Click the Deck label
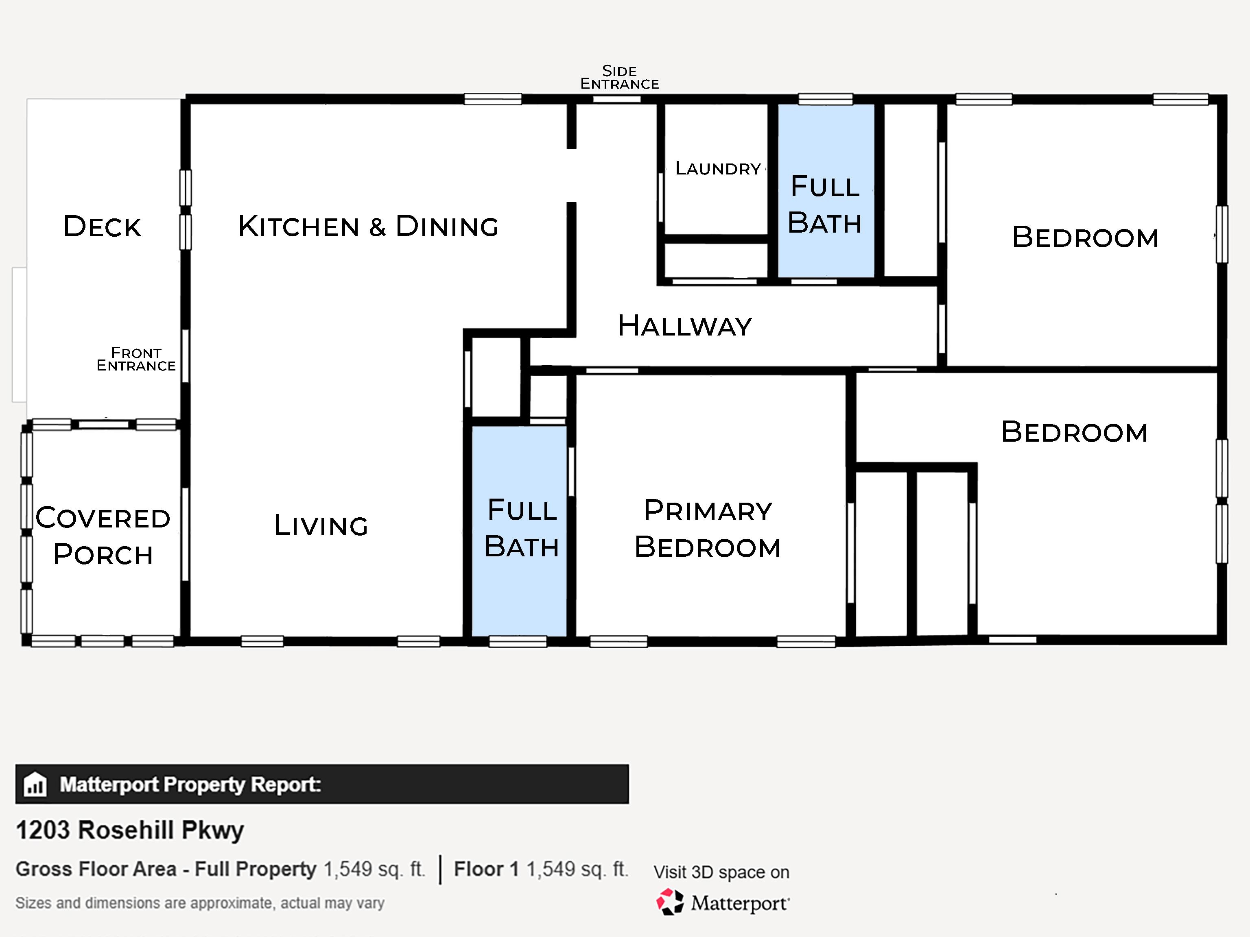102,227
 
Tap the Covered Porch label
103,536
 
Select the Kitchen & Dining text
368,227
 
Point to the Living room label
321,526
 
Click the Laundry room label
718,168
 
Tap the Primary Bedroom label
708,529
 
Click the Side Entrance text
619,77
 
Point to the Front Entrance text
136,359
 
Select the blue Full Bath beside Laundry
825,205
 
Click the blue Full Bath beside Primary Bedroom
522,529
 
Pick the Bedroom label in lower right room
1074,433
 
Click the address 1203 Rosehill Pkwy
130,830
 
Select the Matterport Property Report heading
190,784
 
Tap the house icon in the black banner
35,784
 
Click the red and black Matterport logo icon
670,902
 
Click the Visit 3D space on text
721,872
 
